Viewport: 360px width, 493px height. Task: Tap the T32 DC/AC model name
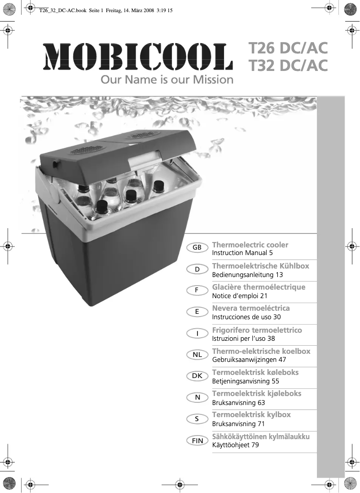pyautogui.click(x=288, y=66)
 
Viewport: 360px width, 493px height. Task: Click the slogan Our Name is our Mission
pyautogui.click(x=167, y=80)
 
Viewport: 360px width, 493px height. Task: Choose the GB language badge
pyautogui.click(x=197, y=248)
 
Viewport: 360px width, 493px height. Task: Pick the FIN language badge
pyautogui.click(x=197, y=440)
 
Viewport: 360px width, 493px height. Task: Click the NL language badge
pyautogui.click(x=197, y=355)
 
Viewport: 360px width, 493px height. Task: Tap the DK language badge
pyautogui.click(x=197, y=376)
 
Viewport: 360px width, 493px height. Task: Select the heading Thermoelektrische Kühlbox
pyautogui.click(x=260, y=266)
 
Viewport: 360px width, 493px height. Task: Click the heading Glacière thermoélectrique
pyautogui.click(x=259, y=287)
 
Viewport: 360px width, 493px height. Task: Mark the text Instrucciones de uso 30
pyautogui.click(x=246, y=317)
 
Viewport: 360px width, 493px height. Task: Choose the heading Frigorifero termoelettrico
pyautogui.click(x=257, y=330)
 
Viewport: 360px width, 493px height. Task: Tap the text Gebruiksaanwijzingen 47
pyautogui.click(x=249, y=359)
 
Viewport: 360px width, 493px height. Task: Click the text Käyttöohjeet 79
pyautogui.click(x=235, y=445)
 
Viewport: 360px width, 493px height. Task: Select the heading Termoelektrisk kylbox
pyautogui.click(x=251, y=414)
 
